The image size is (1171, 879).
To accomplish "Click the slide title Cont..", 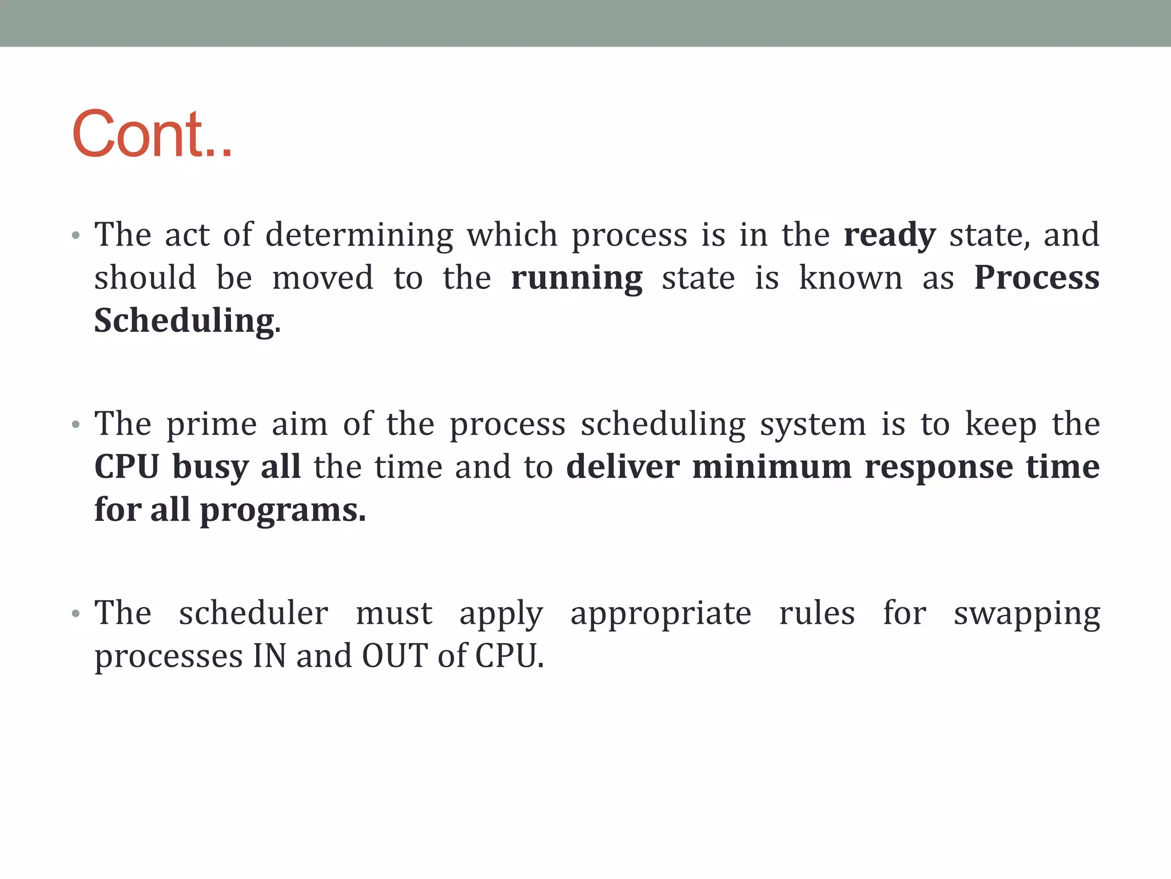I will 152,134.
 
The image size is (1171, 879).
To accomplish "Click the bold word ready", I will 890,235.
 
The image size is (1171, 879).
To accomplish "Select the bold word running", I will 576,279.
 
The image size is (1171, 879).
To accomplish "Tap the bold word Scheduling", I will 184,321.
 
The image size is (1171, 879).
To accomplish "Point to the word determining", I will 359,235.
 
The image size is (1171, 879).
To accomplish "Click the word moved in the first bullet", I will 322,279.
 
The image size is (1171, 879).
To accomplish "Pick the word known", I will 850,279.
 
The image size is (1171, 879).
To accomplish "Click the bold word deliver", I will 623,467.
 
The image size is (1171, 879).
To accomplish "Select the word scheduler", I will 253,613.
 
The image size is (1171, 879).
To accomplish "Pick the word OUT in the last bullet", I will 395,656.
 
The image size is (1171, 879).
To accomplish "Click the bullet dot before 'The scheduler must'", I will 75,614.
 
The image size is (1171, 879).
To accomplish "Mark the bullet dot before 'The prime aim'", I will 75,425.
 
